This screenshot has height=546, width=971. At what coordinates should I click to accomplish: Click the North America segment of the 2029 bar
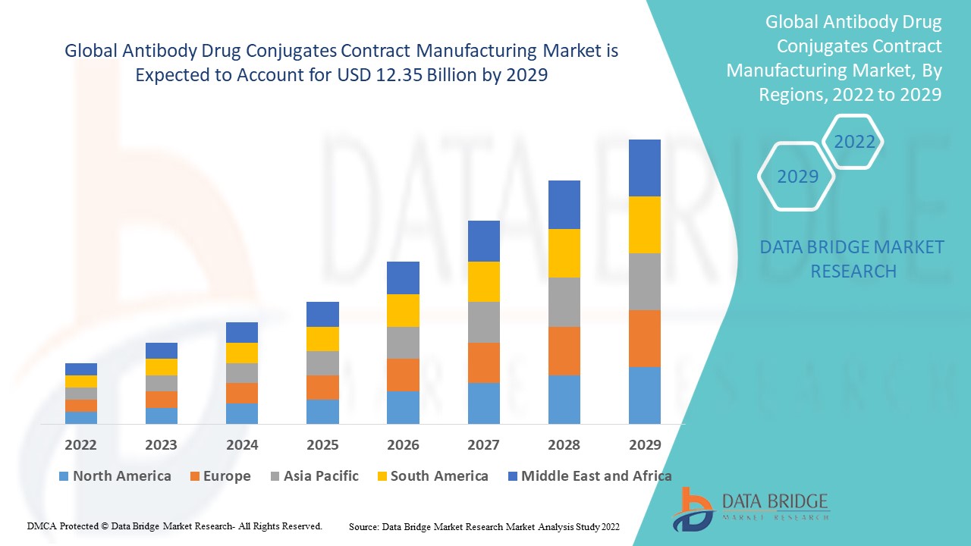tap(644, 395)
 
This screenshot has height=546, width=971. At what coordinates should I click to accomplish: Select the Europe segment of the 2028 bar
tap(564, 350)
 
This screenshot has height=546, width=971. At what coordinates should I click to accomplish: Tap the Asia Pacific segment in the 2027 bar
tap(483, 322)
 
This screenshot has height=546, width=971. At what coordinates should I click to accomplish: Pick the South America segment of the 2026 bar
tap(403, 310)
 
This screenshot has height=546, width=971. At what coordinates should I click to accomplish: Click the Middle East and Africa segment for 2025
tap(322, 314)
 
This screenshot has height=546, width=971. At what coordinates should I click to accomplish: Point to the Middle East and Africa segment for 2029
tap(644, 168)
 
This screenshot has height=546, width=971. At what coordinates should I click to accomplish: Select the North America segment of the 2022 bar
tap(81, 417)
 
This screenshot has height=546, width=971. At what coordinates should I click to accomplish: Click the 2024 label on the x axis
tap(242, 445)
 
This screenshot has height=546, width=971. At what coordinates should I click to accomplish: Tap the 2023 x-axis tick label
tap(162, 445)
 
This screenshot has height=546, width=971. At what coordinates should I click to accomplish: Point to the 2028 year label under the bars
tap(564, 445)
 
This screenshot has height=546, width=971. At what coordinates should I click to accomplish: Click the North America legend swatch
tap(64, 476)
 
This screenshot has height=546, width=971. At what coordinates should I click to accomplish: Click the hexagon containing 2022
tap(854, 142)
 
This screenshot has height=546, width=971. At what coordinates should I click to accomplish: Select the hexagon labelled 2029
tap(797, 177)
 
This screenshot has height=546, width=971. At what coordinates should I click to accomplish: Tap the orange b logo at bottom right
tap(692, 508)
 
